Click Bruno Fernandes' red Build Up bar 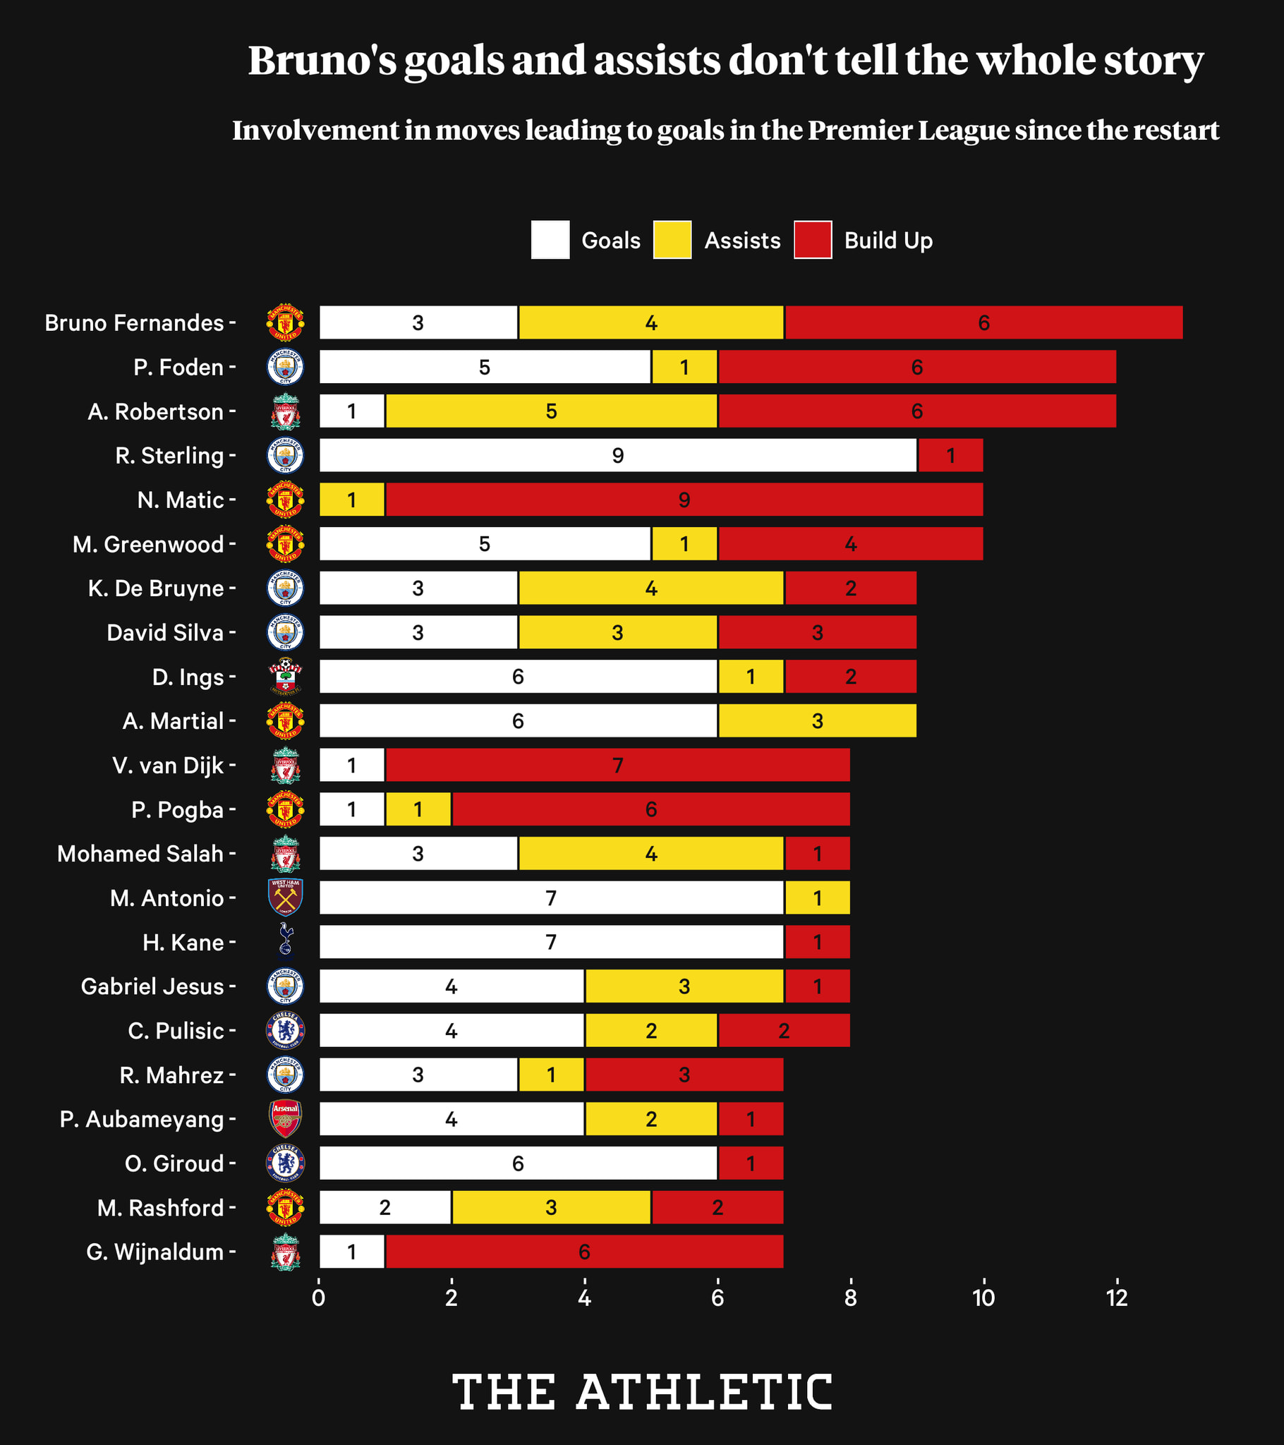(983, 322)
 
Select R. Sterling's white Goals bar (618, 455)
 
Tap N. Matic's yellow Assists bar (352, 500)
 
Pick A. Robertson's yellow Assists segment (552, 411)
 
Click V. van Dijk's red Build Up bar (618, 765)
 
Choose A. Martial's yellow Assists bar (818, 721)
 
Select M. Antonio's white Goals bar (552, 897)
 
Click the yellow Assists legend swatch (672, 241)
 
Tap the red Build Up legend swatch (813, 241)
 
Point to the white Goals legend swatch (550, 241)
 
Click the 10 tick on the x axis (983, 1298)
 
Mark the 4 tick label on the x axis (585, 1298)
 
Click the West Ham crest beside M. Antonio (286, 897)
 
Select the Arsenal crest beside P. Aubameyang (286, 1119)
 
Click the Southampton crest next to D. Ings (286, 677)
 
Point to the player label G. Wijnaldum (155, 1252)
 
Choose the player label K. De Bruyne (155, 588)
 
